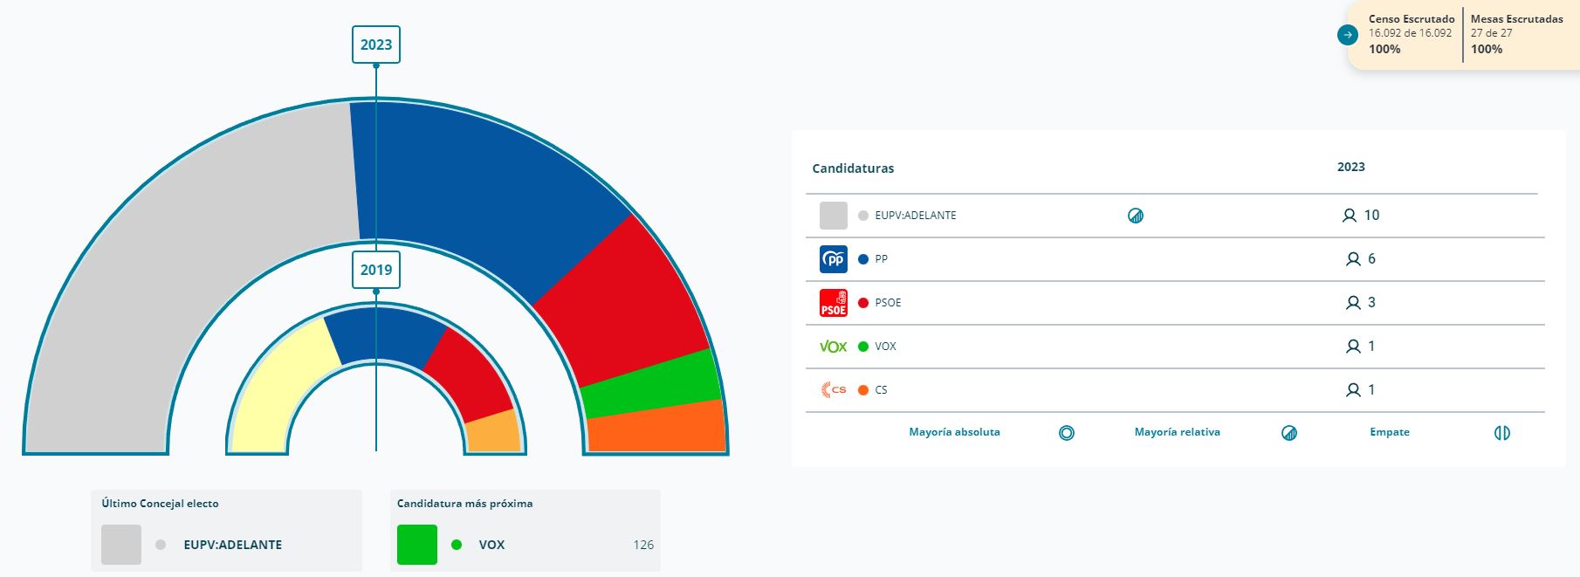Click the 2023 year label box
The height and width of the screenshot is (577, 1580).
376,45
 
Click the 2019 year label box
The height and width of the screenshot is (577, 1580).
376,270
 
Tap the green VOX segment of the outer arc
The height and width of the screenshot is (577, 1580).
650,384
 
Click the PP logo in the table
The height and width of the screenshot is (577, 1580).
834,259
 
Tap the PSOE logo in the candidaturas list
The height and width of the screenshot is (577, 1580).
834,303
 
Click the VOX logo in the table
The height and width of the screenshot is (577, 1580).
834,347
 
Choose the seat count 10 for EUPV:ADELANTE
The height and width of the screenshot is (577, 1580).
1370,216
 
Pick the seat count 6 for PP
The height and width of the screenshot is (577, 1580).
1370,259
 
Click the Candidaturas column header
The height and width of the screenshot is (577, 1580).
853,168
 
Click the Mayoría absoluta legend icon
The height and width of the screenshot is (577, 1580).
1067,433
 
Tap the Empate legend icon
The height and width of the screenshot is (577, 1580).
1502,433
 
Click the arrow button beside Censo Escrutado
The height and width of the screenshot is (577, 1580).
1348,35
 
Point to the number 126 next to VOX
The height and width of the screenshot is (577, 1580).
643,545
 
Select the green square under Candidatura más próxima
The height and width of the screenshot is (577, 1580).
417,545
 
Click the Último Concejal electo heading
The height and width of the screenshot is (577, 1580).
160,504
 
